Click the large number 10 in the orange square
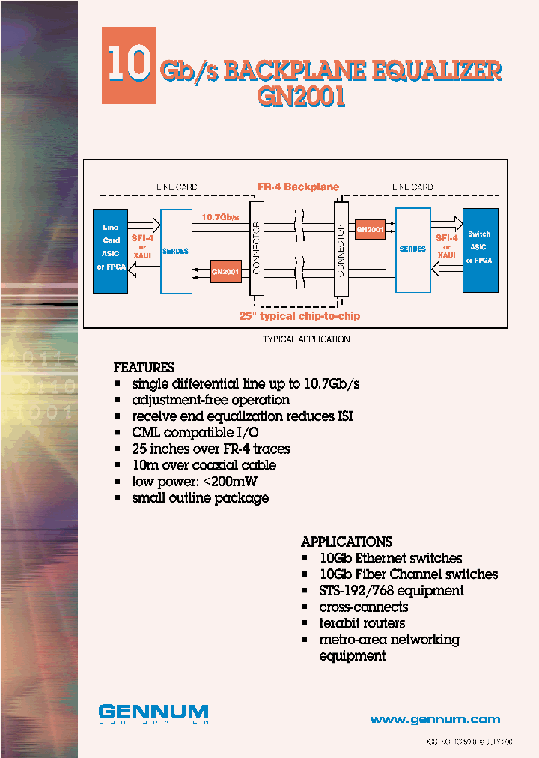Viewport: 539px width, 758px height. (x=128, y=64)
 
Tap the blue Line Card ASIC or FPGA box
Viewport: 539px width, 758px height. (x=111, y=250)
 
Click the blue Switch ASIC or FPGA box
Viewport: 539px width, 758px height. (x=480, y=249)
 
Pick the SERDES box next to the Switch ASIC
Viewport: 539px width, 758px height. (x=412, y=249)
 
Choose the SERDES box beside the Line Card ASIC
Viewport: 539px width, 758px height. (x=176, y=251)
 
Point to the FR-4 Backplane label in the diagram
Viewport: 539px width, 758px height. (x=299, y=187)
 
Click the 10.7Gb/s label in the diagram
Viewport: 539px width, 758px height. (x=219, y=217)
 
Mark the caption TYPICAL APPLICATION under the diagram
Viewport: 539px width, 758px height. (x=306, y=339)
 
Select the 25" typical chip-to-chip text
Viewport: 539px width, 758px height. (x=299, y=316)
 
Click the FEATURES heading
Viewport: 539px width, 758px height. (x=144, y=368)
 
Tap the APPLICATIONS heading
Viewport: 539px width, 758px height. (x=346, y=542)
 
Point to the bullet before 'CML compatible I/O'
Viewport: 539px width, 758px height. (x=118, y=433)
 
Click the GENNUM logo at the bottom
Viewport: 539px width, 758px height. (x=153, y=712)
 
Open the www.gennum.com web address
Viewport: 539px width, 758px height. (x=435, y=719)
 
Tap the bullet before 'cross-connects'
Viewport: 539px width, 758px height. (x=305, y=607)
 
